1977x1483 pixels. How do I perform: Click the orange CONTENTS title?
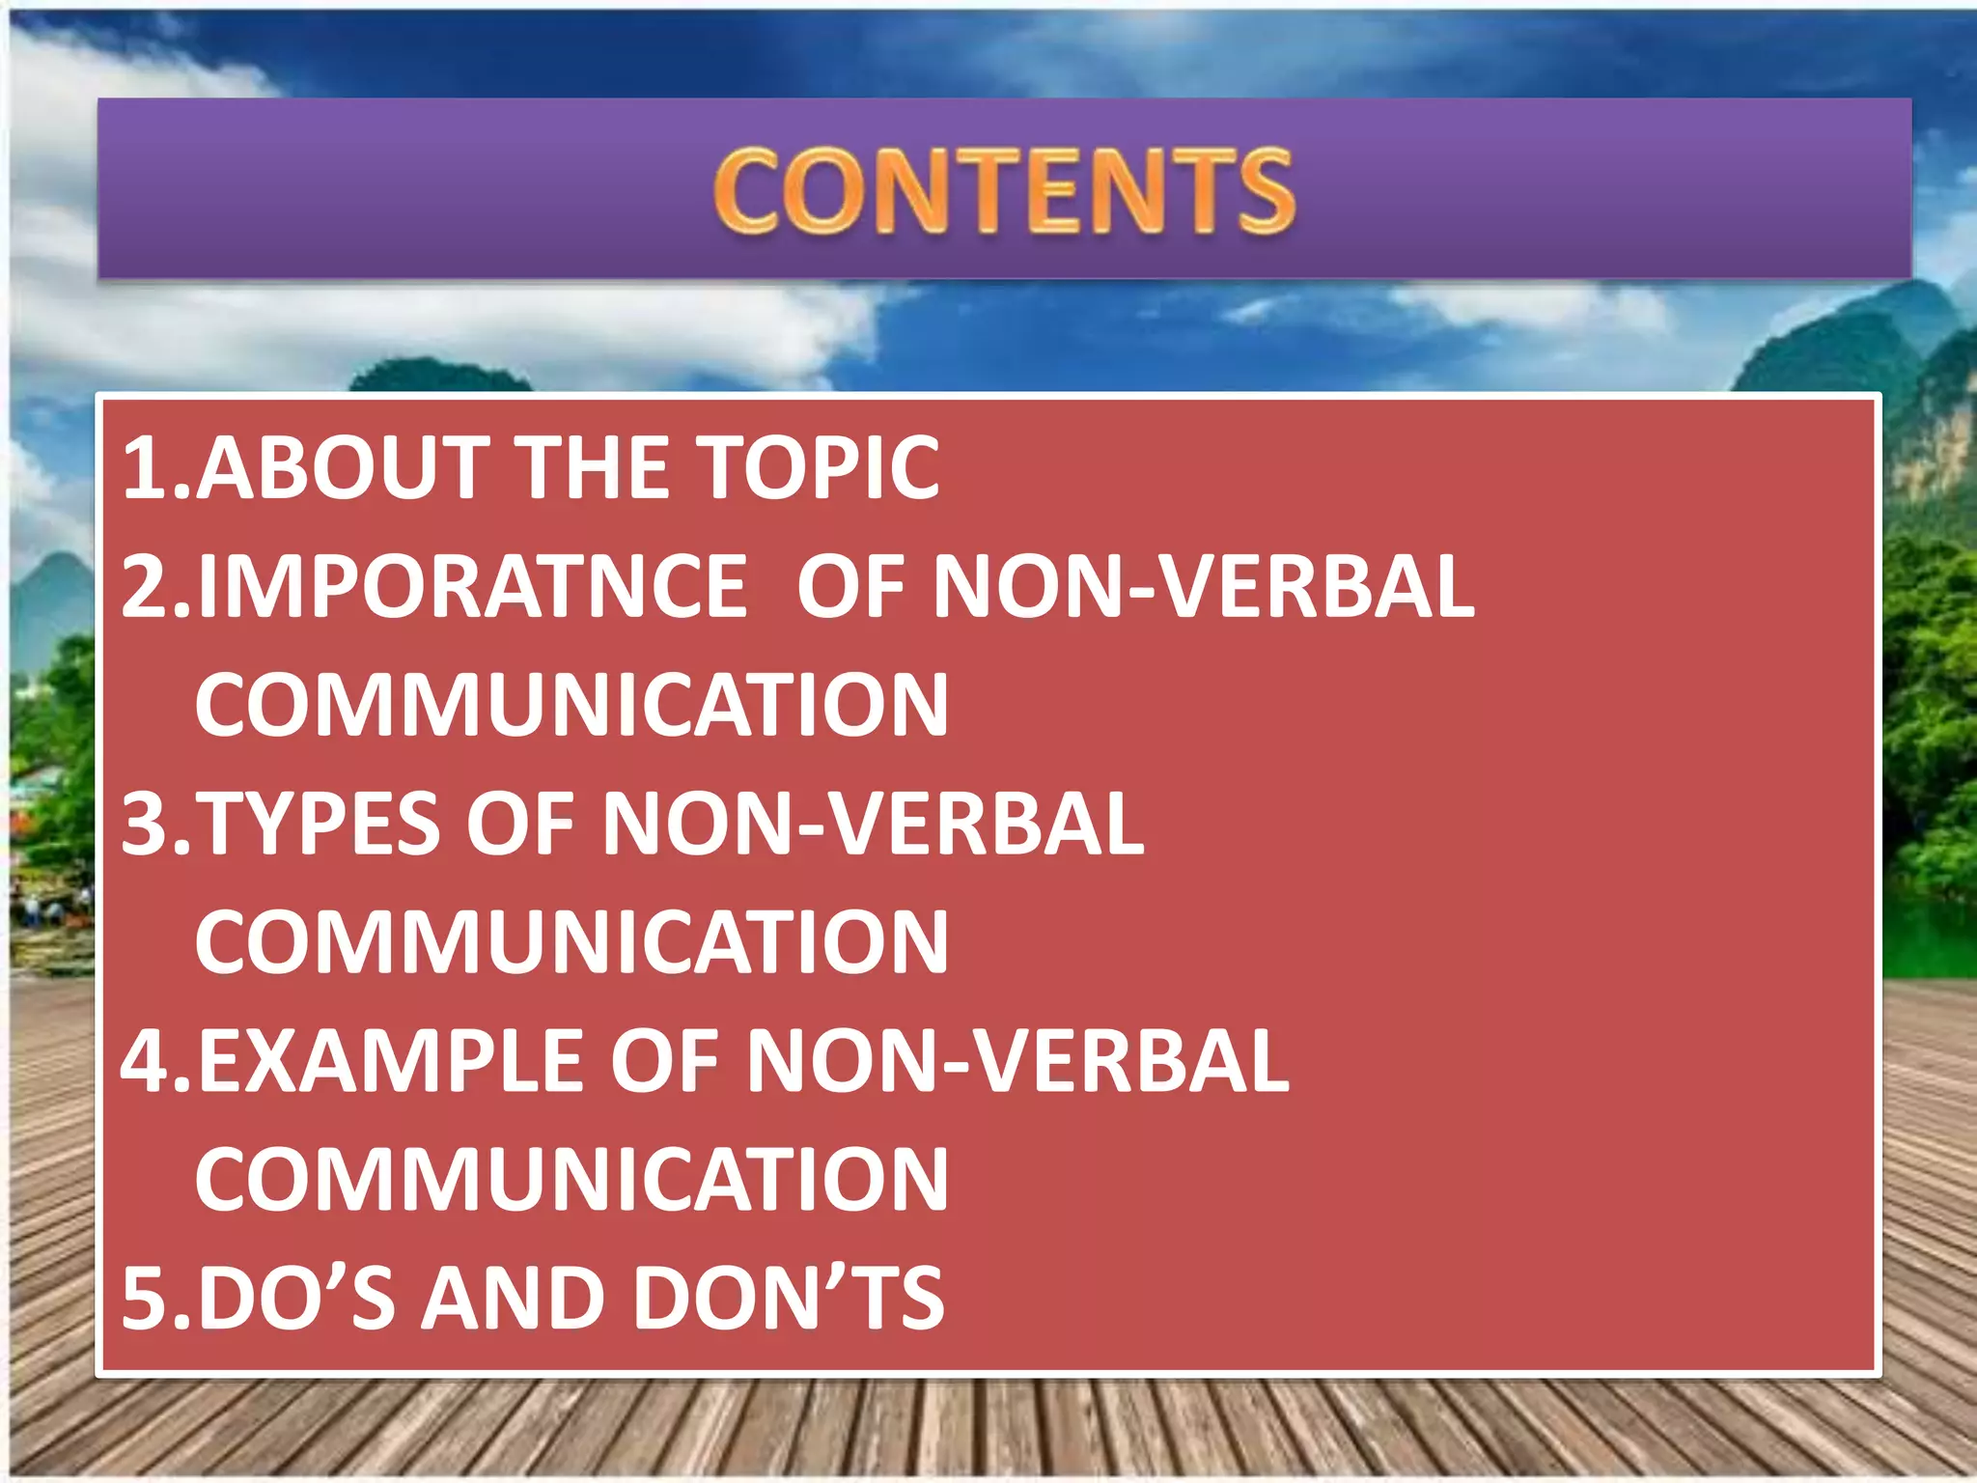1004,190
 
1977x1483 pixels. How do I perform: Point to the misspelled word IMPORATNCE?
472,587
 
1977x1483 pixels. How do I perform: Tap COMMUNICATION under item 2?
571,706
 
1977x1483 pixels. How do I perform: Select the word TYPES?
320,824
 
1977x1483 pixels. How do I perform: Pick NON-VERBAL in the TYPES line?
873,824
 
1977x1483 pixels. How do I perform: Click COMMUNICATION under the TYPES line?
571,942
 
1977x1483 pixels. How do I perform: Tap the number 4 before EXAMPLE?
147,1061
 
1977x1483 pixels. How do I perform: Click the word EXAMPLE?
390,1061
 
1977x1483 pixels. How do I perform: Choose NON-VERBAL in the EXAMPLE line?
1017,1061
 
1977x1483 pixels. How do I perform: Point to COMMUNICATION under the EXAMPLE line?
571,1180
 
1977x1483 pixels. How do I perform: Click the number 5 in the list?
145,1299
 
